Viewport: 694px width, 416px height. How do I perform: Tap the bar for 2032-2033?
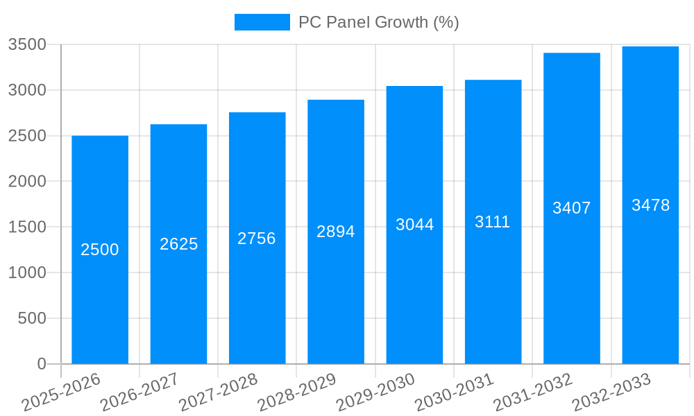coord(650,291)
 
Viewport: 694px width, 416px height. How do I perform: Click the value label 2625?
coord(179,244)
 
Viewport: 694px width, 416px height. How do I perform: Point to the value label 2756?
coord(257,239)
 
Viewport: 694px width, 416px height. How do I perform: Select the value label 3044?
coord(414,225)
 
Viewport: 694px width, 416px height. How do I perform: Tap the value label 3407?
coord(571,208)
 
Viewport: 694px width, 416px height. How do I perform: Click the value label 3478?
coord(650,205)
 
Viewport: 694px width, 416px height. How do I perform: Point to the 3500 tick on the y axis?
coord(27,45)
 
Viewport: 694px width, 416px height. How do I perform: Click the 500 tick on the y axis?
coord(32,318)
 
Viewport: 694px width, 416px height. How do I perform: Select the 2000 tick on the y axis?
coord(27,182)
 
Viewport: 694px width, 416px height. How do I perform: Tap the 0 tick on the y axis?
coord(42,364)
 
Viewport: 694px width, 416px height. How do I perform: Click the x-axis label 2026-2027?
coord(139,392)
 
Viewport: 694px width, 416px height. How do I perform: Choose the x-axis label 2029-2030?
coord(375,392)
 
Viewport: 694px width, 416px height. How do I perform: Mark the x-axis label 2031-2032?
coord(533,392)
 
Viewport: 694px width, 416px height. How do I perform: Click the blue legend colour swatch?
coord(262,22)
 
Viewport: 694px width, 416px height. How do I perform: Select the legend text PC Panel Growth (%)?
coord(378,22)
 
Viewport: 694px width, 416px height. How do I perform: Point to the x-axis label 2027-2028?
coord(218,392)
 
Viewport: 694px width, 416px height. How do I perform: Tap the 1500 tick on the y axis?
coord(27,227)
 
